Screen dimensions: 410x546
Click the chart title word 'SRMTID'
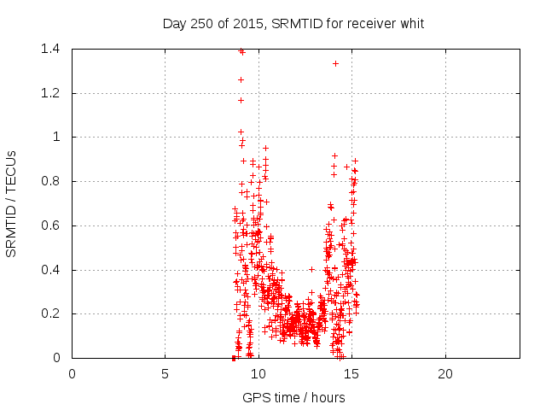pyautogui.click(x=294, y=23)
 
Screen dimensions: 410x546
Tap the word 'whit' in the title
pyautogui.click(x=410, y=23)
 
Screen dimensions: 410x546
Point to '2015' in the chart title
pyautogui.click(x=248, y=23)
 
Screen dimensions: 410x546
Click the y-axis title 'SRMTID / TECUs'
pyautogui.click(x=11, y=203)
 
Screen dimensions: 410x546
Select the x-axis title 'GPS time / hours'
pyautogui.click(x=293, y=397)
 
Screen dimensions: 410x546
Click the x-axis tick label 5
pyautogui.click(x=166, y=374)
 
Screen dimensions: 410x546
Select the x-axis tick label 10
pyautogui.click(x=258, y=374)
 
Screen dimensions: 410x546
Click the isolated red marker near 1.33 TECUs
pyautogui.click(x=336, y=63)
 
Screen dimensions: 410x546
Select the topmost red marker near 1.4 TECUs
pyautogui.click(x=241, y=50)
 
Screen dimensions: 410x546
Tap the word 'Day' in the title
pyautogui.click(x=174, y=23)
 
